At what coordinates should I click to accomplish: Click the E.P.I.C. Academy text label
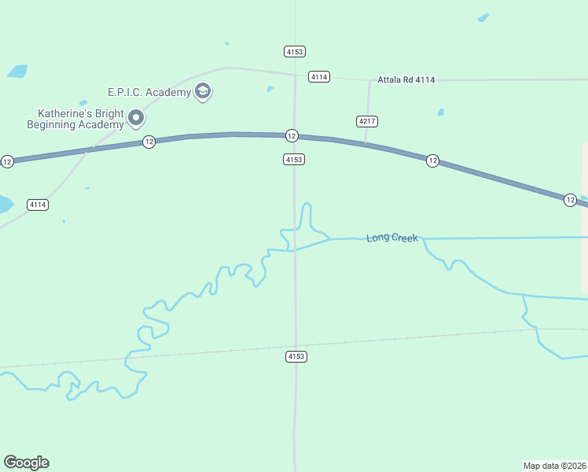coord(149,93)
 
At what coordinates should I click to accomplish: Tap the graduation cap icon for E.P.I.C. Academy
coord(203,92)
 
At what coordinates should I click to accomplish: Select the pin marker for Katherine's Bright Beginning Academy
coord(136,119)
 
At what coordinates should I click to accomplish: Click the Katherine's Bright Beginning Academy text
coord(75,119)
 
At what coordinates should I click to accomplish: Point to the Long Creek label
coord(391,237)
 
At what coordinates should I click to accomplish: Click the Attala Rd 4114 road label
coord(406,79)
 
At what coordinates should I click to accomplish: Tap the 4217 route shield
coord(366,121)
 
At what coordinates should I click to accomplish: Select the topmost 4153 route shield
coord(294,51)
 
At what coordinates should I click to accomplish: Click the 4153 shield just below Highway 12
coord(293,160)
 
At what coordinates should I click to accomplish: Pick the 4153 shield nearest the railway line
coord(296,356)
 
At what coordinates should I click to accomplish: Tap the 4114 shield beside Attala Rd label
coord(318,76)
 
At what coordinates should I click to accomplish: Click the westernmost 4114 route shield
coord(38,205)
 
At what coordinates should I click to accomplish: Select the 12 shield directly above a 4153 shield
coord(292,135)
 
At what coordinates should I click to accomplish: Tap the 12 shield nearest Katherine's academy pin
coord(149,142)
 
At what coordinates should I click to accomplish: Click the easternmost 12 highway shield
coord(570,201)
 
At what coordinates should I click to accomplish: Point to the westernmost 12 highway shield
coord(7,161)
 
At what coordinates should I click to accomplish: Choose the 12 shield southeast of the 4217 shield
coord(432,160)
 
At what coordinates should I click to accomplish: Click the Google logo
coord(26,463)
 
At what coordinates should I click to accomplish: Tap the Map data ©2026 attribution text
coord(554,466)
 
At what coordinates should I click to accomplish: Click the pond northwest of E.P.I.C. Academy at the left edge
coord(17,71)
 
